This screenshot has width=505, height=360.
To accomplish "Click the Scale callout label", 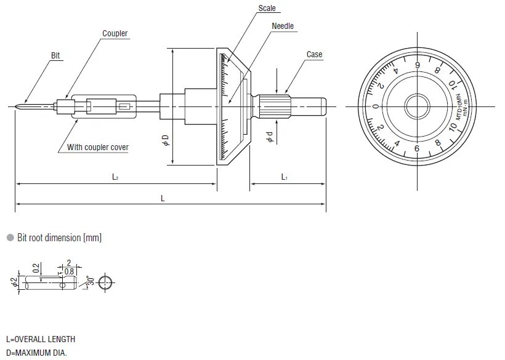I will point(267,9).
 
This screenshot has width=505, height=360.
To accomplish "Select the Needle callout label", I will point(283,26).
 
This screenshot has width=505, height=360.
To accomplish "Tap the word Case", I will point(314,55).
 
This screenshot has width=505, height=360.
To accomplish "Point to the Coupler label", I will point(115,34).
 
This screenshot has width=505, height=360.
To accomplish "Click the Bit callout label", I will point(57,55).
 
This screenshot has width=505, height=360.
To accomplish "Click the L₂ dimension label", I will point(115,177).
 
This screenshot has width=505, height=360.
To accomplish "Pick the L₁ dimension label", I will point(285,177).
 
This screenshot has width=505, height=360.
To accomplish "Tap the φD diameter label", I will point(165,140).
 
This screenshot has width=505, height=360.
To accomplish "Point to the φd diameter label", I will point(269,137).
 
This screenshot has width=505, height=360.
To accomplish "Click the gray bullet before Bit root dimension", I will point(10,238).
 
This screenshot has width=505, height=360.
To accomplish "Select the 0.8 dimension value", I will point(69,271).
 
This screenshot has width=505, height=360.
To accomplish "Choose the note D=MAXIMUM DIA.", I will point(36,353).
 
